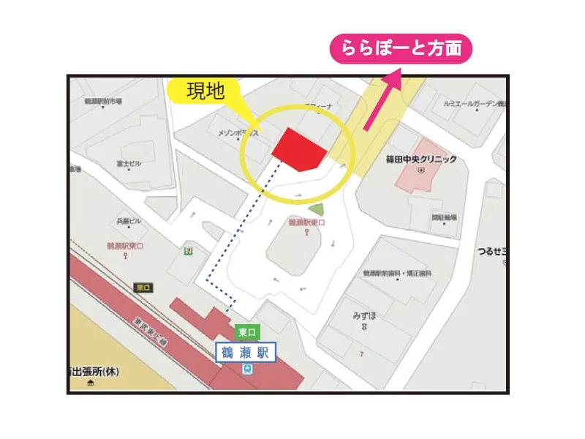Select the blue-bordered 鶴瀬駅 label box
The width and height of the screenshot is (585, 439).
tap(245, 353)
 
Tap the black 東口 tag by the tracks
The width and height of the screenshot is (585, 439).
tap(143, 288)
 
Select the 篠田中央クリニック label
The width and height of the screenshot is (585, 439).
tap(422, 159)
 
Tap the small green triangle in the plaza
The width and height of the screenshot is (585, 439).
tap(315, 209)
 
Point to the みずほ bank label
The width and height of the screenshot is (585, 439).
tap(363, 317)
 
